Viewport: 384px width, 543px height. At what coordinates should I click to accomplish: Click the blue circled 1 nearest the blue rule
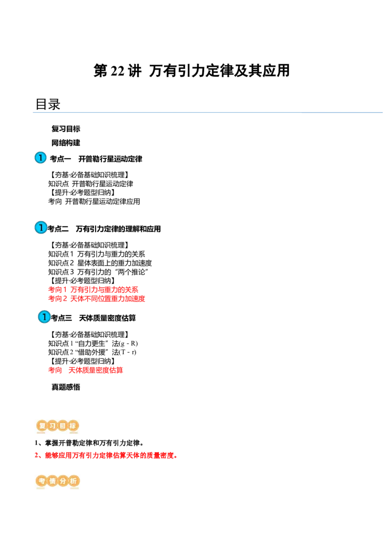[x=41, y=158]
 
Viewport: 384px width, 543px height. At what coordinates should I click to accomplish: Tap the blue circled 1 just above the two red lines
[x=41, y=228]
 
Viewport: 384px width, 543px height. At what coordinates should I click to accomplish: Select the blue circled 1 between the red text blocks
[x=44, y=317]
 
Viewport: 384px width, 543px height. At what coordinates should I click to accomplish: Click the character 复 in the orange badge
[x=41, y=426]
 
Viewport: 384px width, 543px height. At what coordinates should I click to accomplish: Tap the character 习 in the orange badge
[x=52, y=426]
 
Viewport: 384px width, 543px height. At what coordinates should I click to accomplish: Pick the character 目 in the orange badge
[x=62, y=426]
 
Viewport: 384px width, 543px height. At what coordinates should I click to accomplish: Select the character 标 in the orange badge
[x=73, y=426]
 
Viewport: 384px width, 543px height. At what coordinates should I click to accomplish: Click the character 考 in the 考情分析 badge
[x=41, y=481]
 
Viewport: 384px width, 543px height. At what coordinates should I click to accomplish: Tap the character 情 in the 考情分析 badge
[x=52, y=481]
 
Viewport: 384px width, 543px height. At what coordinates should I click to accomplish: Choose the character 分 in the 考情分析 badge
[x=62, y=481]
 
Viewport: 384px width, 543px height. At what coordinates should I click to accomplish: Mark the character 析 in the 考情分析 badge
[x=73, y=481]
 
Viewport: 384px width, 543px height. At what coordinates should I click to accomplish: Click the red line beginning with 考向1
[x=93, y=289]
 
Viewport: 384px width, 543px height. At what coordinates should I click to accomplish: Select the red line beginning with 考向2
[x=96, y=298]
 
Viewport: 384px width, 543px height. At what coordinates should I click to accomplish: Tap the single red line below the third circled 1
[x=86, y=370]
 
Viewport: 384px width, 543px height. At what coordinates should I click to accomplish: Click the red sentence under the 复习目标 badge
[x=110, y=455]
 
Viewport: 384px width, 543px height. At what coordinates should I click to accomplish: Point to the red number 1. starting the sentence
[x=37, y=455]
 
